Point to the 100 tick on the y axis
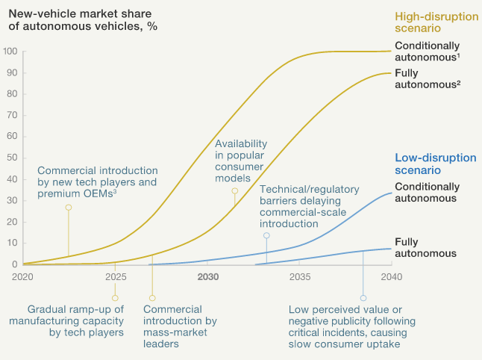(x=10, y=52)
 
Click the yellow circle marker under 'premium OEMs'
(x=69, y=208)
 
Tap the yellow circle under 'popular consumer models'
(x=235, y=191)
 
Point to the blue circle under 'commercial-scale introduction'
(x=266, y=235)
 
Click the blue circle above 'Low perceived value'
(x=363, y=297)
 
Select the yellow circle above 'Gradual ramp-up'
(x=115, y=297)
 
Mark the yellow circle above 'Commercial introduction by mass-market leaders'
(x=152, y=297)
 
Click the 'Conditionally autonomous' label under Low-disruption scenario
(x=425, y=193)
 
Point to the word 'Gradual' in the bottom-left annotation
(x=48, y=309)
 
